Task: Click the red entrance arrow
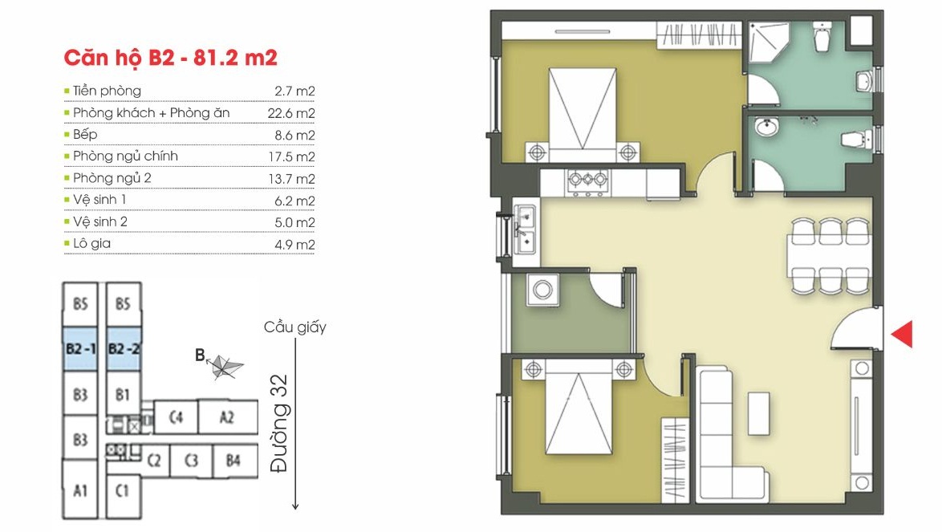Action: [x=903, y=334]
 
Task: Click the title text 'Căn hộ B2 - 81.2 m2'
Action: [x=171, y=58]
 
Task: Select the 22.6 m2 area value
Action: [x=291, y=113]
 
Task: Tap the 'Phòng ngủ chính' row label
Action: [x=125, y=156]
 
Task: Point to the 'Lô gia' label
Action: [x=92, y=243]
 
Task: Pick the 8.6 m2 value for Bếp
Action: [x=295, y=135]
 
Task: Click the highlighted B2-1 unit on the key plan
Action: [x=80, y=349]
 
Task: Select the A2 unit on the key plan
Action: [x=227, y=416]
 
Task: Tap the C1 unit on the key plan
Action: [x=123, y=490]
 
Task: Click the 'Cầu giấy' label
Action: [x=295, y=327]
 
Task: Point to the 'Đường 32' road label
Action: [x=279, y=424]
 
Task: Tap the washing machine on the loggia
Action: [x=542, y=290]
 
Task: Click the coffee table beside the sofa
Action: [x=759, y=413]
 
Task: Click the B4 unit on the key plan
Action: [x=233, y=461]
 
